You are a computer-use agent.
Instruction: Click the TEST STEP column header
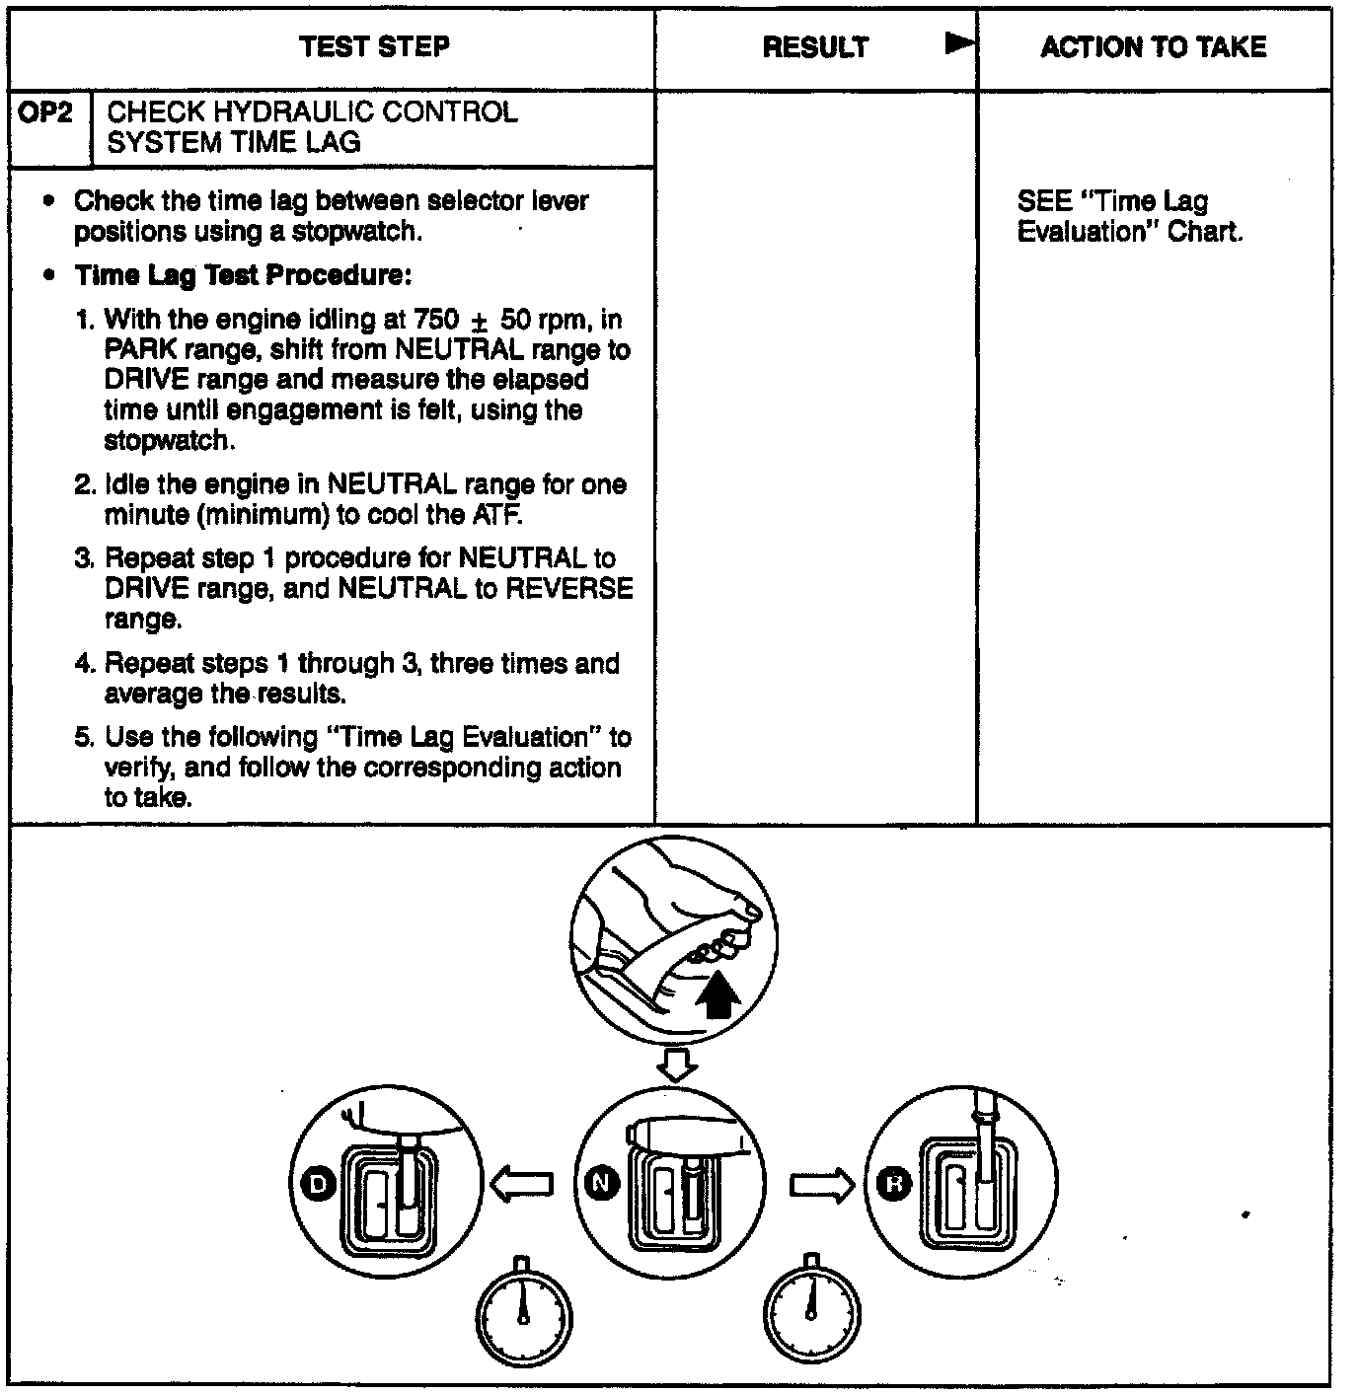(374, 46)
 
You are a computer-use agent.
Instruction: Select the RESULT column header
(815, 47)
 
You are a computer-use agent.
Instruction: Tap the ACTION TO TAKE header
(1153, 46)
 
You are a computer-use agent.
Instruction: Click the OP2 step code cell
(46, 112)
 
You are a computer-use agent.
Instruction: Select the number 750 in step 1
(437, 320)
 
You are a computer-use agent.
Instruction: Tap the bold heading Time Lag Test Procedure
(242, 275)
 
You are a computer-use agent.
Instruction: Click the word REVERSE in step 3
(568, 589)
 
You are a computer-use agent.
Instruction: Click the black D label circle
(318, 1183)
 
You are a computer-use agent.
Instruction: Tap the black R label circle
(894, 1184)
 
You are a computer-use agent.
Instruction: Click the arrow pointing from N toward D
(521, 1184)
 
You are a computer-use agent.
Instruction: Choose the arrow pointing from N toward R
(821, 1184)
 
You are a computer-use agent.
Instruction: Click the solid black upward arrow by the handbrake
(717, 993)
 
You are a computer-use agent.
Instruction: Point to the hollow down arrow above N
(677, 1065)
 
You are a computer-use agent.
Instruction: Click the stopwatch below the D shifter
(523, 1314)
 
